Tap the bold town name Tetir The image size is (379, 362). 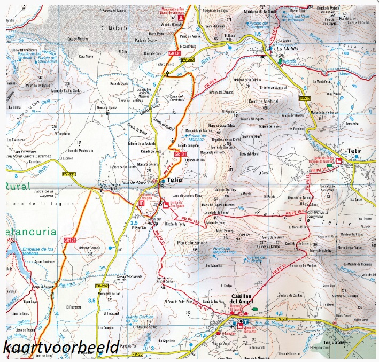coord(354,151)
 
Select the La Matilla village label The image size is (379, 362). coord(288,48)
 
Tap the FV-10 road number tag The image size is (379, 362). coord(305,98)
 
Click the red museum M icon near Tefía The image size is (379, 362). coord(141,203)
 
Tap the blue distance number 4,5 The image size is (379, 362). coord(278,313)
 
